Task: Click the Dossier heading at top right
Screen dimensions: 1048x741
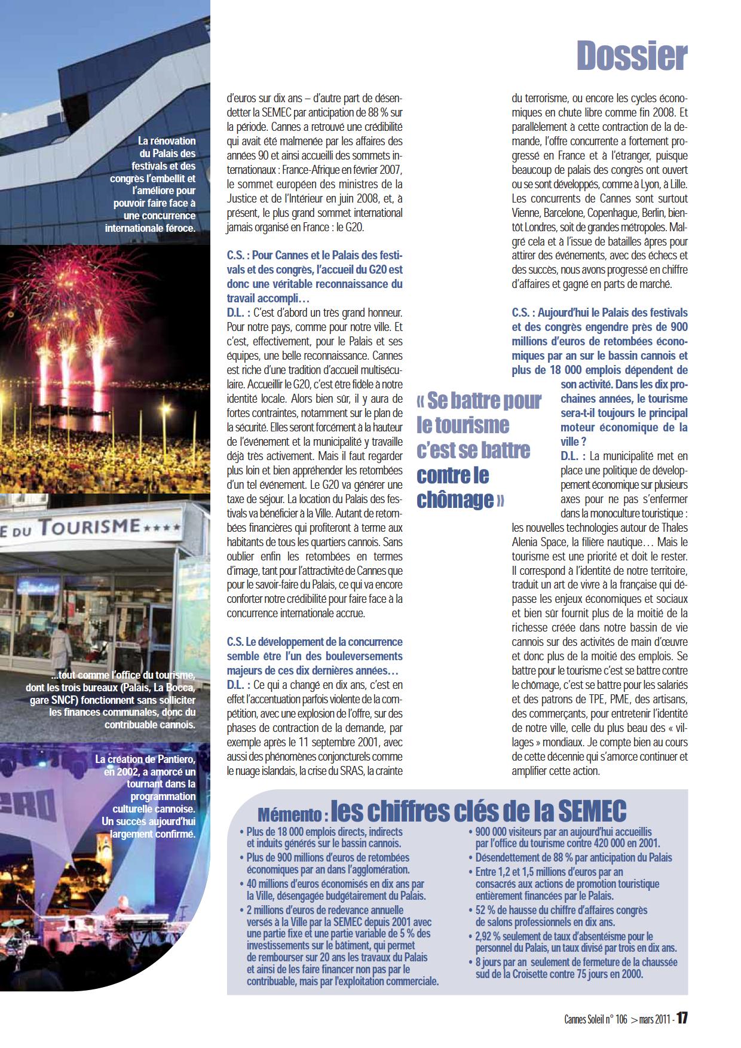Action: pyautogui.click(x=632, y=56)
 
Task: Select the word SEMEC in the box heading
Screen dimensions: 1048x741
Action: pyautogui.click(x=592, y=811)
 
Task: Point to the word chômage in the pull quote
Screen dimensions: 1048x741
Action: pyautogui.click(x=455, y=500)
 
